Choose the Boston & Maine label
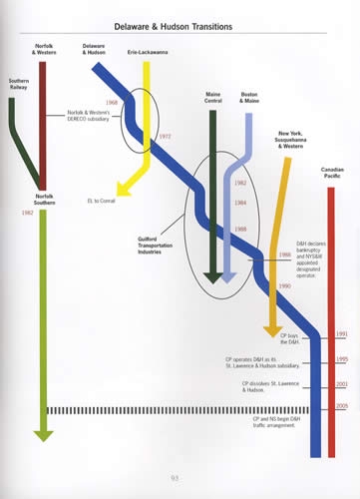click(250, 97)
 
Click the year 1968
click(112, 103)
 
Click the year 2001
click(342, 383)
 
